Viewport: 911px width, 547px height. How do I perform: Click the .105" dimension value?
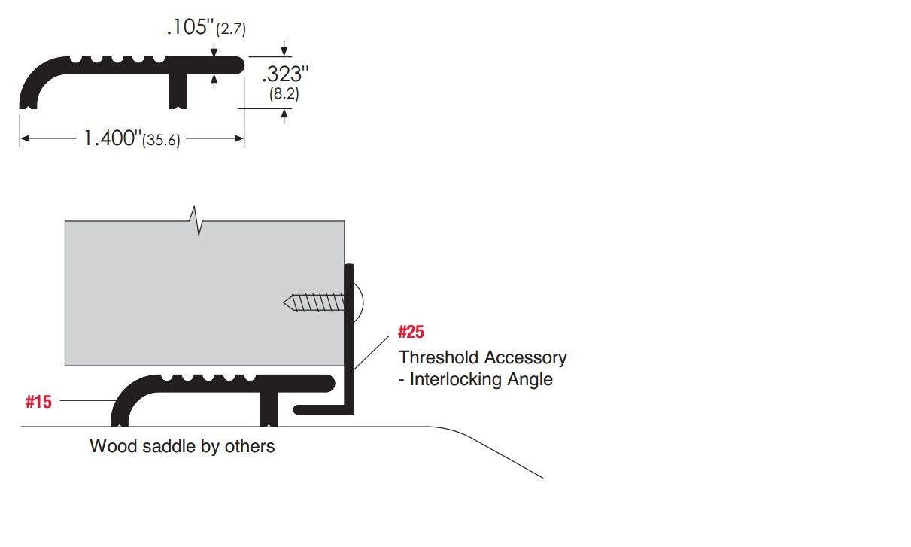click(x=190, y=28)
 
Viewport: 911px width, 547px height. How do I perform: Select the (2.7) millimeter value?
click(x=231, y=30)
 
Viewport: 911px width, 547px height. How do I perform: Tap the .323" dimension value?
click(x=286, y=74)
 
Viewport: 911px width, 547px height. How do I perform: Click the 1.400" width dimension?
click(x=111, y=138)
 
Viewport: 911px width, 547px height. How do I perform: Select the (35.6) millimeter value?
click(x=161, y=141)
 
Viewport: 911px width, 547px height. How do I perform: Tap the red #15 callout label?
click(x=38, y=402)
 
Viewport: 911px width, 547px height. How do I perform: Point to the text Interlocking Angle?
click(x=481, y=379)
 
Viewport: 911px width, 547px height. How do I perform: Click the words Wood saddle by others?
click(x=182, y=446)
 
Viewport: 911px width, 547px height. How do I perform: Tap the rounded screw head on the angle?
click(x=358, y=303)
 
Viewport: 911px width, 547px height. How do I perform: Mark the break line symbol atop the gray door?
click(x=197, y=220)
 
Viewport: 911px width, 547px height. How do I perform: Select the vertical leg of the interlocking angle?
click(x=349, y=339)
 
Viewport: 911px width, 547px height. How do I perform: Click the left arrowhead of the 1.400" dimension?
click(x=24, y=138)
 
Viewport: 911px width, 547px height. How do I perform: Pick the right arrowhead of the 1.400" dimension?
click(x=240, y=138)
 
